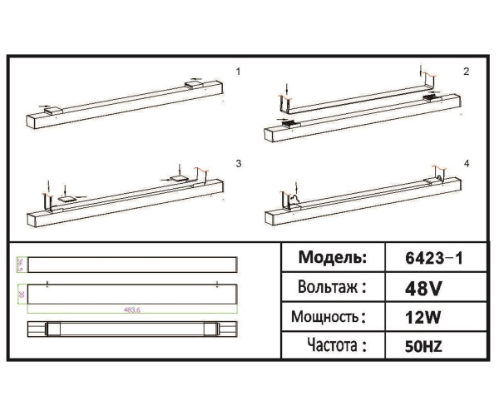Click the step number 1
(x=238, y=72)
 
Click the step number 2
(x=467, y=72)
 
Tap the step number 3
(x=238, y=163)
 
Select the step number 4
(x=467, y=163)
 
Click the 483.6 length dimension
(x=131, y=310)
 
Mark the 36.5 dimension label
(x=19, y=265)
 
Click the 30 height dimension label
(x=19, y=295)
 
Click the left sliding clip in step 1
(x=51, y=109)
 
